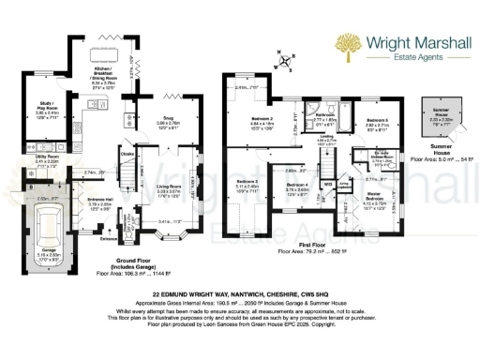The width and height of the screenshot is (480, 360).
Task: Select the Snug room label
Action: [x=170, y=121]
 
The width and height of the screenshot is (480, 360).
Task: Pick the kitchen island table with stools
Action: [x=104, y=60]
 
